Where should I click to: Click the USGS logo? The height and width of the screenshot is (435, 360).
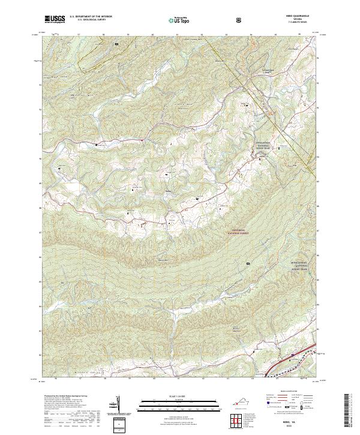[55, 19]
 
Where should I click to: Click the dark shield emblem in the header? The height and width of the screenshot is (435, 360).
[239, 19]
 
